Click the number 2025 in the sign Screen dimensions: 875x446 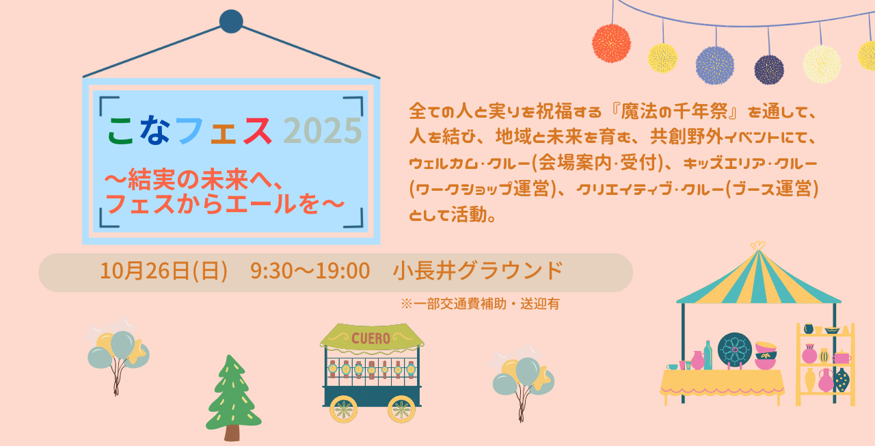(323, 131)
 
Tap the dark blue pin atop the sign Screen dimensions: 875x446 (231, 21)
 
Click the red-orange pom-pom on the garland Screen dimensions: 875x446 (611, 43)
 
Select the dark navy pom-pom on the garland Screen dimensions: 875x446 (769, 70)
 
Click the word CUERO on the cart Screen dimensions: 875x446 (371, 338)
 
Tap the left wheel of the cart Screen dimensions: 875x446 (343, 409)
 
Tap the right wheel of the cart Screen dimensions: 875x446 (401, 409)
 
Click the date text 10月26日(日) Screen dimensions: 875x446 (163, 271)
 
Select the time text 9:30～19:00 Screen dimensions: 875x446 (310, 271)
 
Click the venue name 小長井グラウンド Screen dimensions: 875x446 (478, 271)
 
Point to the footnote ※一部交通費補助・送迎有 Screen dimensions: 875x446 (480, 304)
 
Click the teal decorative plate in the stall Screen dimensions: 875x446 (734, 350)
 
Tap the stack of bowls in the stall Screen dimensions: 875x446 (766, 356)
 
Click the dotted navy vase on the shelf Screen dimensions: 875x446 (842, 380)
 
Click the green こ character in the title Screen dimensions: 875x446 (121, 131)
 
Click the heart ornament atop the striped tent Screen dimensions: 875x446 (758, 246)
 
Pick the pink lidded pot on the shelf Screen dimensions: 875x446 (842, 357)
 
